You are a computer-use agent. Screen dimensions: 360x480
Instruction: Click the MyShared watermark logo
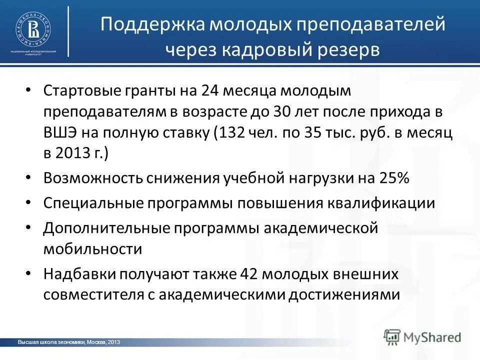tap(422, 336)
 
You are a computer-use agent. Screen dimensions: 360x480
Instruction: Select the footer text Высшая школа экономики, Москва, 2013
tap(68, 342)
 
